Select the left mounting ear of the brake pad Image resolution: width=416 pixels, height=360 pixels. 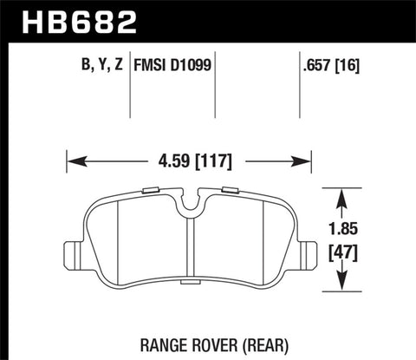click(77, 252)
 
